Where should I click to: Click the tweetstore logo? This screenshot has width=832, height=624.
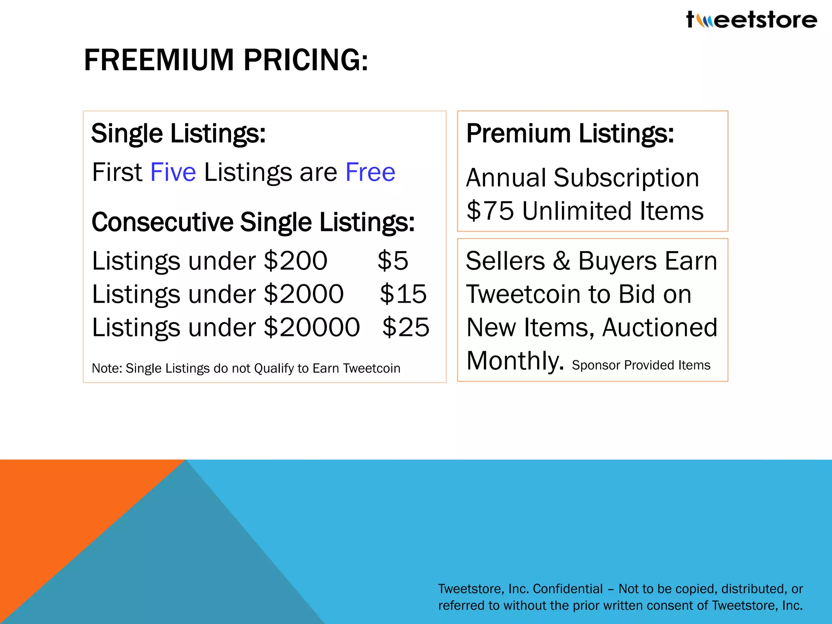pos(751,20)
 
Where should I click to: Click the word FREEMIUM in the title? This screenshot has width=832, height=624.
pos(159,60)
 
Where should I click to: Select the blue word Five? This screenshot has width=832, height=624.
pos(173,172)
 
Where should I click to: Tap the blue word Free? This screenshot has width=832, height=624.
pos(370,172)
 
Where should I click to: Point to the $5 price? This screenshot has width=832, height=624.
pos(392,261)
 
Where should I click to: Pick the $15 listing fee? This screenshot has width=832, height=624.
pos(403,294)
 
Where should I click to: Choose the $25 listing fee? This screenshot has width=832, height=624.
pos(405,327)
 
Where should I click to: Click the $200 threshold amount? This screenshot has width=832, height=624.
pos(295,261)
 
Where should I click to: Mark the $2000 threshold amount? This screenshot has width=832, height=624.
pos(303,294)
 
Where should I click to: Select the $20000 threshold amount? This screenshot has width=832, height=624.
pos(312,327)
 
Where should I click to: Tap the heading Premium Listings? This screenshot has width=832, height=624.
pos(570,134)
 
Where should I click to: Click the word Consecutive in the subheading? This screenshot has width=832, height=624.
pos(162,223)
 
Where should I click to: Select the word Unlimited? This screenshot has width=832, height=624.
pos(577,211)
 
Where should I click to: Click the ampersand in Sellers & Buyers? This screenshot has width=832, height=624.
pos(561,261)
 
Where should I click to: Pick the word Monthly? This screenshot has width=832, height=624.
pos(515,361)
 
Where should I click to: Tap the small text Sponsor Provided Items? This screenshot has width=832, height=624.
pos(641,365)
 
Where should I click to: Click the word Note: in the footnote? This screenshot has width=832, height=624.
pos(107,368)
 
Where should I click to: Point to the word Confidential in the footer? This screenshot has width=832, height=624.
pos(568,589)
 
